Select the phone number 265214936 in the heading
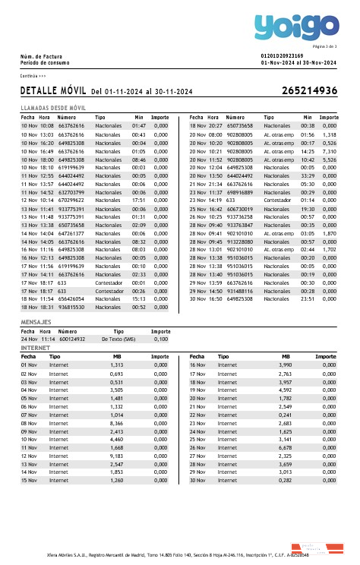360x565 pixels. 309,90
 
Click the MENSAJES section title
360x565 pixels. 36,323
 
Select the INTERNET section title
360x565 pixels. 35,347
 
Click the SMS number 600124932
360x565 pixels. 72,339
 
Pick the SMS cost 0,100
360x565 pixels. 161,339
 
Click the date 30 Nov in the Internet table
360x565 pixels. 197,480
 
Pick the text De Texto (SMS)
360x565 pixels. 118,339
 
